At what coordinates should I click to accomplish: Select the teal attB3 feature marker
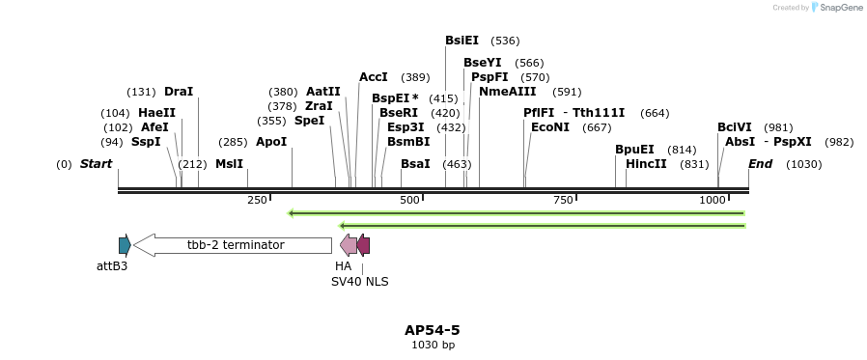(124, 245)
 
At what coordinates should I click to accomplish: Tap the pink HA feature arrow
(348, 245)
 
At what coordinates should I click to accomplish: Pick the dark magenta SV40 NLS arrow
(363, 245)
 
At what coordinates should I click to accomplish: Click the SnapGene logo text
(841, 8)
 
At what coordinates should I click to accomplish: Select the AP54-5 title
(432, 330)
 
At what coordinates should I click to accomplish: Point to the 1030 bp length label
(432, 345)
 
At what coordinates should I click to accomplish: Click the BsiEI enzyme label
(461, 41)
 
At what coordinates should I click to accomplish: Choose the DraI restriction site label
(179, 92)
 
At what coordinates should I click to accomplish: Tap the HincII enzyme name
(646, 164)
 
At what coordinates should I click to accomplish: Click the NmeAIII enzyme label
(507, 92)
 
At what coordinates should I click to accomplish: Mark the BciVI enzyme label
(734, 127)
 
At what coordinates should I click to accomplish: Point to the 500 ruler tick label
(409, 200)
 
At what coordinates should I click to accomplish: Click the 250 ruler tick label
(257, 200)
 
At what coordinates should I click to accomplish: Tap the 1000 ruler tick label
(713, 200)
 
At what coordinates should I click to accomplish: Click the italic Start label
(96, 164)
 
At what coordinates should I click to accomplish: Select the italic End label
(760, 164)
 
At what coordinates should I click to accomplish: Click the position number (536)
(505, 41)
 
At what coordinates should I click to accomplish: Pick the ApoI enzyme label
(271, 142)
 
